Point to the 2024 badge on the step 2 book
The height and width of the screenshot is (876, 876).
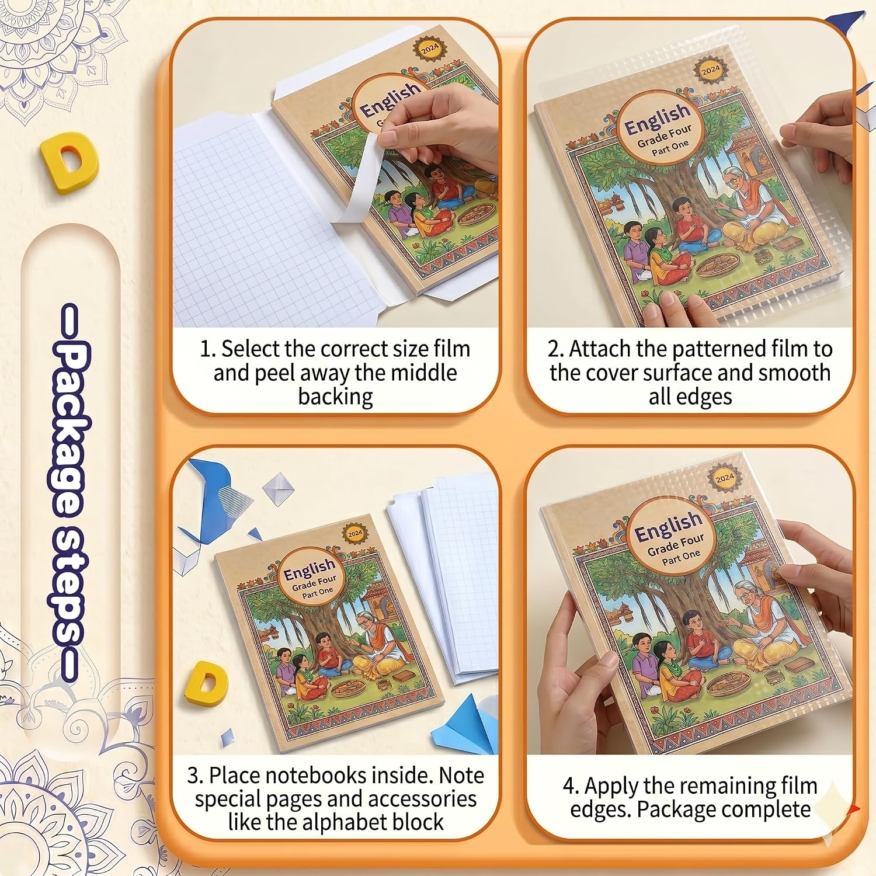(x=711, y=71)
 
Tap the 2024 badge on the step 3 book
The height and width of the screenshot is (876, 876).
(x=355, y=533)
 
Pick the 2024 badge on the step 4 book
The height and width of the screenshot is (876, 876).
(x=724, y=478)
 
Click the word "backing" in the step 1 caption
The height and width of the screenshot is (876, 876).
(x=335, y=397)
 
